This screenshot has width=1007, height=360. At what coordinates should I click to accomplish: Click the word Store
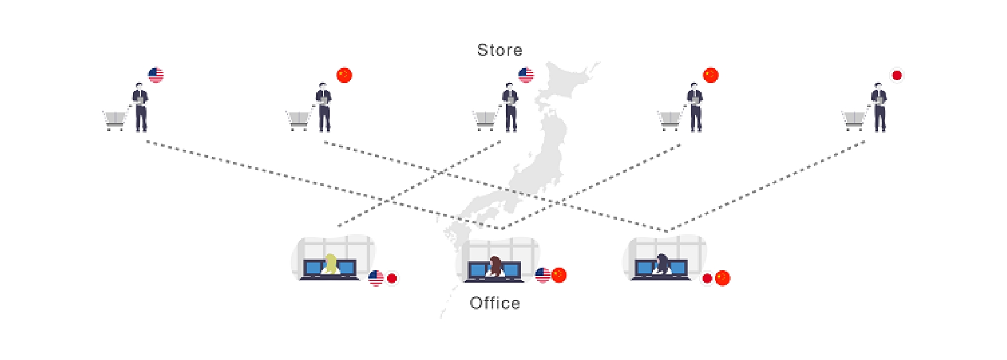499,50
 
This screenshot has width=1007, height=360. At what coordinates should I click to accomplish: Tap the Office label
495,303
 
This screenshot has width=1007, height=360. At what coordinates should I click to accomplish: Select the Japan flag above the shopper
897,75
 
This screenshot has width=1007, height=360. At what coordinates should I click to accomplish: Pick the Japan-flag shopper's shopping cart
854,120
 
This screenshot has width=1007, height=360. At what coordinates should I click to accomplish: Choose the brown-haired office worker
495,266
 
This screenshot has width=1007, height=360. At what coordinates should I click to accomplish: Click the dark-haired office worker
662,264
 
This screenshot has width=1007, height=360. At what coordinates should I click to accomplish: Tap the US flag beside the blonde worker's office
376,278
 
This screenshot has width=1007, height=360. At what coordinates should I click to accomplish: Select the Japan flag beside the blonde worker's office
392,279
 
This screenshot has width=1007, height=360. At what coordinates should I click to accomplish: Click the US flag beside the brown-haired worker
543,275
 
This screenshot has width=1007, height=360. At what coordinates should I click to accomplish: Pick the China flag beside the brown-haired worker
559,275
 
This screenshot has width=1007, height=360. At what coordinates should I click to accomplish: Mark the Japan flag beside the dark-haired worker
707,279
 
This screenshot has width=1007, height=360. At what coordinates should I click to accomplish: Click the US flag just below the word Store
526,75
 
